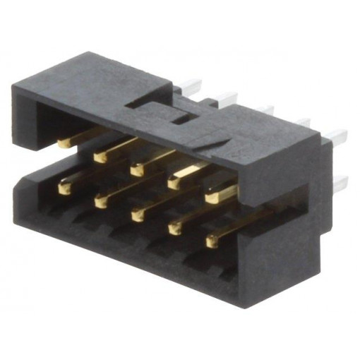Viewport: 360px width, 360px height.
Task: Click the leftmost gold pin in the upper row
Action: (x=65, y=143)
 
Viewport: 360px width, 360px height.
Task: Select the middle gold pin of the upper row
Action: (x=138, y=168)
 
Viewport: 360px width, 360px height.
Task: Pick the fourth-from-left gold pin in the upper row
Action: (x=176, y=181)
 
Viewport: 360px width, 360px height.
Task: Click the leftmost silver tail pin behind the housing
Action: (x=190, y=85)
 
